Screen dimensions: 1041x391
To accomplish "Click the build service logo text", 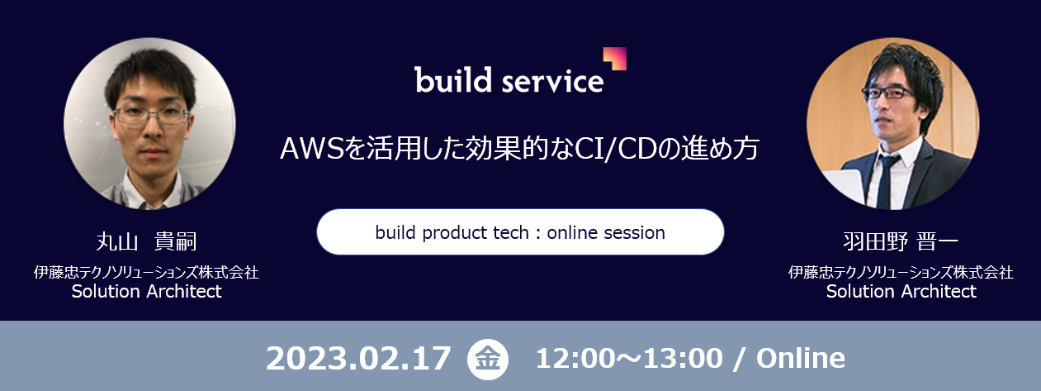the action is tap(509, 79).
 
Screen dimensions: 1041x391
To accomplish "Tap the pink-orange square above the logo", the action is tap(615, 59).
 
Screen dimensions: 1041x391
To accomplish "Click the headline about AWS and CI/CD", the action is tap(519, 149).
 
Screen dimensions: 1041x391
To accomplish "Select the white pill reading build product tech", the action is tap(520, 231).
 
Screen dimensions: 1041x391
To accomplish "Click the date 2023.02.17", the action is tap(358, 358).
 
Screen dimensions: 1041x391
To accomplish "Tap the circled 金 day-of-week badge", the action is tap(488, 359).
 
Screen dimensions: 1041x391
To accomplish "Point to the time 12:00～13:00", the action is tap(629, 358).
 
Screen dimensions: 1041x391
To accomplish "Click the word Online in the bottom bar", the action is tap(800, 358).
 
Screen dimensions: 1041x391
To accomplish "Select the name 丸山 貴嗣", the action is tap(146, 241).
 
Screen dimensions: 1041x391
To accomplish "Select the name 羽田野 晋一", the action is tap(901, 241).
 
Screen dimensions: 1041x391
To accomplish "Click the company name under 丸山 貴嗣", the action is tap(146, 272).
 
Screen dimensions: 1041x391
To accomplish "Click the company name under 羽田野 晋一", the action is tap(901, 272).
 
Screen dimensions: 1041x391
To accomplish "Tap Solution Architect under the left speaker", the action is tap(146, 291).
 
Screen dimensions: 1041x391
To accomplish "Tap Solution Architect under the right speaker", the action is tap(901, 291).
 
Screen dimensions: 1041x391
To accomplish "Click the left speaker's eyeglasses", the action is tap(151, 116).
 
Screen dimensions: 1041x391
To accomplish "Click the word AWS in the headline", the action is tap(312, 149).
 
